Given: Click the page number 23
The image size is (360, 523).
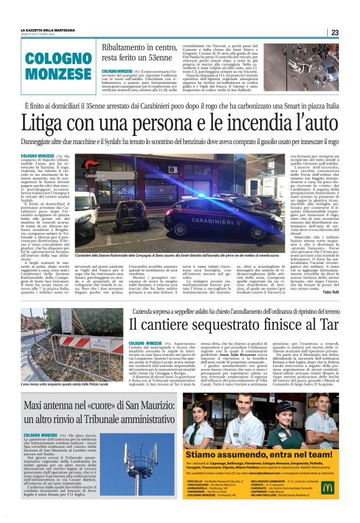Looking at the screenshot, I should point(334,32).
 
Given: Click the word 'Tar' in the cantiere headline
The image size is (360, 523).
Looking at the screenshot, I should point(325,324).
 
